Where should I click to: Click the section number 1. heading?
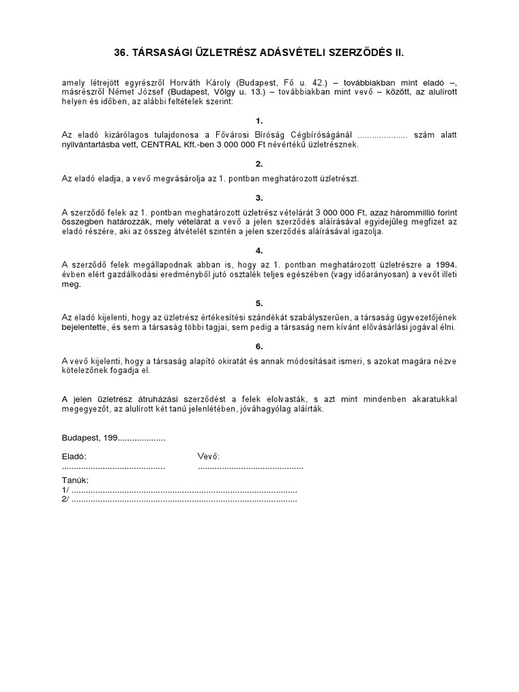pos(259,120)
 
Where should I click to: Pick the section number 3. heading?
pos(259,198)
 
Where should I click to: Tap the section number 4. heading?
pos(259,251)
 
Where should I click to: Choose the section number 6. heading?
pos(259,347)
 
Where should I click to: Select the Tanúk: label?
pos(75,480)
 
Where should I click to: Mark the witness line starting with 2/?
pos(179,500)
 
